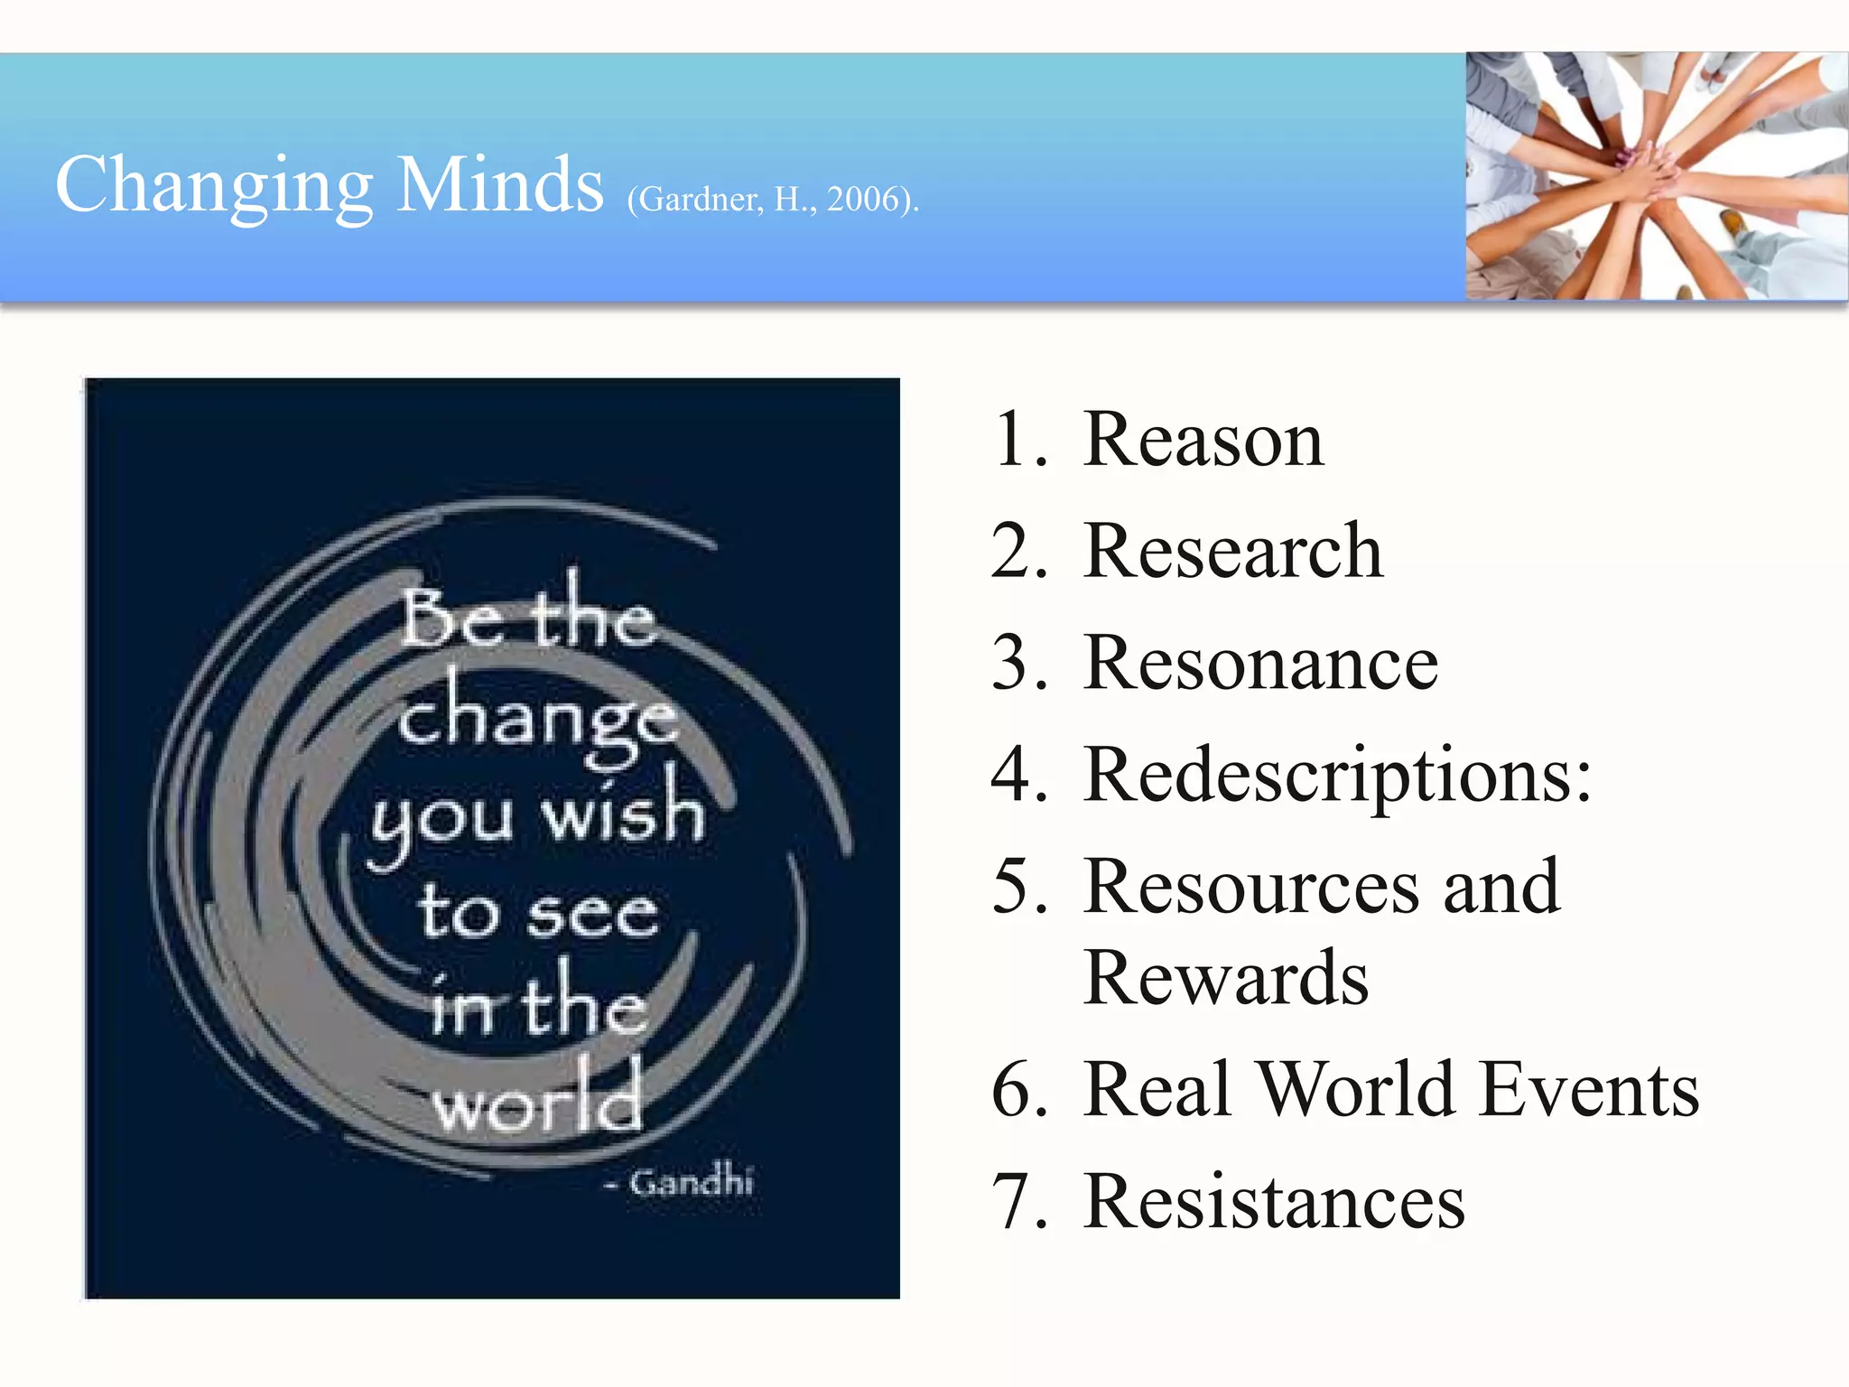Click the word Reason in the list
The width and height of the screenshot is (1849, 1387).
coord(1203,440)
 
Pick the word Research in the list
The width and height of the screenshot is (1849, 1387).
coord(1233,552)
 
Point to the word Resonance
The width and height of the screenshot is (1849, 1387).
coord(1260,664)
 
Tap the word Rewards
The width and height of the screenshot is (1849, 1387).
coord(1226,978)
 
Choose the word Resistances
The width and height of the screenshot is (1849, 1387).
coord(1274,1202)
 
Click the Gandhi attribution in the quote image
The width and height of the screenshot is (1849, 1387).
coord(690,1182)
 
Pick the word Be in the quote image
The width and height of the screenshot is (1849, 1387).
coord(451,619)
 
